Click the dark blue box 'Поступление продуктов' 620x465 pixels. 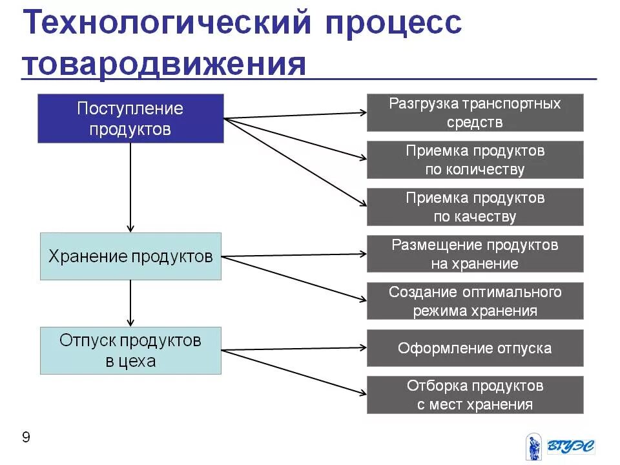point(130,118)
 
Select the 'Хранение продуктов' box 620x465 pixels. point(130,256)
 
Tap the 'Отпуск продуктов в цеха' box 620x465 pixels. point(130,351)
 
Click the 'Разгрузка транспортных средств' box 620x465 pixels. point(475,113)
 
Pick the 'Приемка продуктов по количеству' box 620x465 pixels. point(475,160)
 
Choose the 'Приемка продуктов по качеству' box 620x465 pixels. point(475,207)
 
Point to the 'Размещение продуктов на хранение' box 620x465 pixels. point(475,254)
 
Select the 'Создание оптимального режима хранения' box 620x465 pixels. point(475,301)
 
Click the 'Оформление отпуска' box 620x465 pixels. point(475,348)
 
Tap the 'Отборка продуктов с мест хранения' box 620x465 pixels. point(475,395)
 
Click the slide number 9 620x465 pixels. point(26,438)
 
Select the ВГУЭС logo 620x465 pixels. point(559,446)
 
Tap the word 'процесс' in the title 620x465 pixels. point(394,26)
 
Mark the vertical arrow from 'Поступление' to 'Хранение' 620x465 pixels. point(130,187)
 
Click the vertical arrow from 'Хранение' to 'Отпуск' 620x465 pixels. point(130,304)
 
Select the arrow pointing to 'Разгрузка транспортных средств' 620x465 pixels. point(294,116)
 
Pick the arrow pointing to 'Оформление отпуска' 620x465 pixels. point(294,349)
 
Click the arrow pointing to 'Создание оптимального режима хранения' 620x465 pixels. point(294,278)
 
